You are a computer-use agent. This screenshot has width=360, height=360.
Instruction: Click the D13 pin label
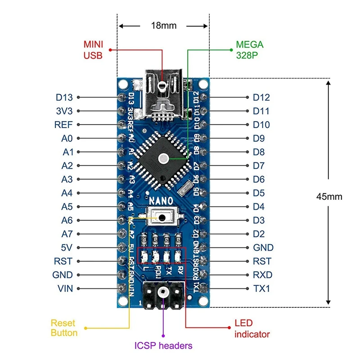pyautogui.click(x=64, y=97)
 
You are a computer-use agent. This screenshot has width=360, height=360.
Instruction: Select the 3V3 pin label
pyautogui.click(x=64, y=111)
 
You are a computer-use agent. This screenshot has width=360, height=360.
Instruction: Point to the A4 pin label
pyautogui.click(x=67, y=193)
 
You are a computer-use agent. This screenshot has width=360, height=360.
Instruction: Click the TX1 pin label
pyautogui.click(x=261, y=288)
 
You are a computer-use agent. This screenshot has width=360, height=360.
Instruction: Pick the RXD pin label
pyautogui.click(x=262, y=275)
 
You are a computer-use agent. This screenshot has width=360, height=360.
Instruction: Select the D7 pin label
pyautogui.click(x=259, y=166)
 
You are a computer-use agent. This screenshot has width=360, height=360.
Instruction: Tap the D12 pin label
pyautogui.click(x=261, y=97)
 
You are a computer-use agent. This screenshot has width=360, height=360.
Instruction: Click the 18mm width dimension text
pyautogui.click(x=163, y=26)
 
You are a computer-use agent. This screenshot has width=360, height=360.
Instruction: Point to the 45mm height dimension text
pyautogui.click(x=329, y=197)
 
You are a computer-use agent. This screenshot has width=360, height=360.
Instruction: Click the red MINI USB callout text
pyautogui.click(x=93, y=50)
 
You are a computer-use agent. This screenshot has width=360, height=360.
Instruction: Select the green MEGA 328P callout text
pyautogui.click(x=249, y=50)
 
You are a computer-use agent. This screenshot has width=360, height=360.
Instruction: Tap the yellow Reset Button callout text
pyautogui.click(x=64, y=328)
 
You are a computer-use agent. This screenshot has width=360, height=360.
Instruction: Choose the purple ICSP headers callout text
pyautogui.click(x=163, y=346)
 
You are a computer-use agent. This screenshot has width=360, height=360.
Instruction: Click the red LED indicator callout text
pyautogui.click(x=252, y=328)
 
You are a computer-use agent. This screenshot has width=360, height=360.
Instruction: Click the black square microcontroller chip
pyautogui.click(x=163, y=158)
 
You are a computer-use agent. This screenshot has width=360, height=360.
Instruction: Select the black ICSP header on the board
pyautogui.click(x=163, y=296)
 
